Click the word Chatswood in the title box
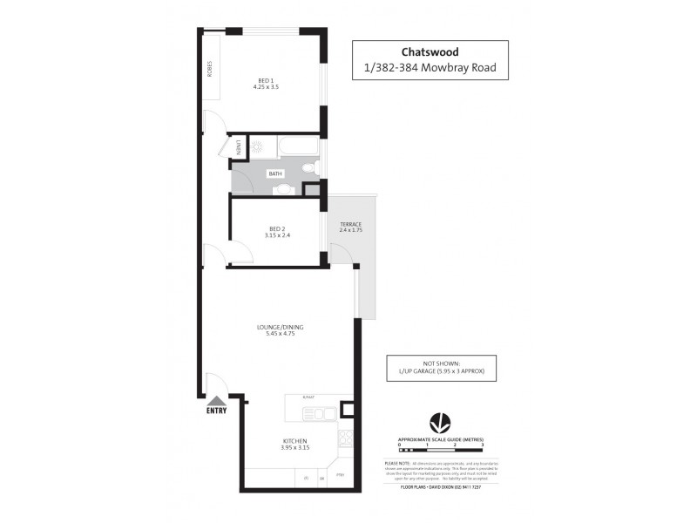tap(430, 51)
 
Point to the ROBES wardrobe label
tap(210, 68)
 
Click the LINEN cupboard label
tap(239, 147)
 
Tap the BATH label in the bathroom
tap(275, 174)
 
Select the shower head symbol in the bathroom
tap(257, 147)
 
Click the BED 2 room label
tap(276, 228)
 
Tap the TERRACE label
tap(350, 225)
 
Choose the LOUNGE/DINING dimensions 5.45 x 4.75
tap(280, 334)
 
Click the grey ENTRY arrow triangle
tap(216, 400)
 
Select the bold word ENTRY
tap(216, 411)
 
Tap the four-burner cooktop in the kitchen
tap(346, 438)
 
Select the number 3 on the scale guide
tap(482, 445)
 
